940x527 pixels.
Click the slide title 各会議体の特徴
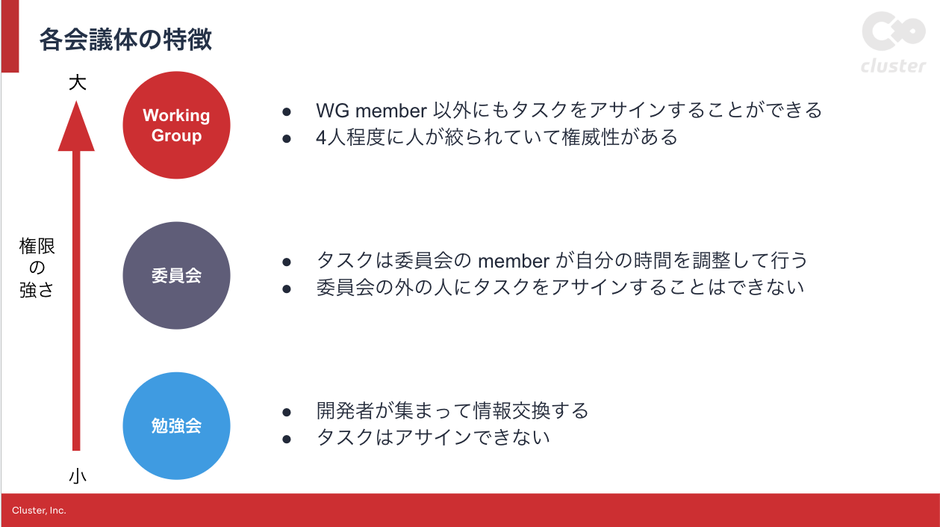(x=125, y=40)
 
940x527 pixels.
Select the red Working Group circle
(x=176, y=125)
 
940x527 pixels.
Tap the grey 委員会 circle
(x=176, y=275)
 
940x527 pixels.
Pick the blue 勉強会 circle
(x=176, y=426)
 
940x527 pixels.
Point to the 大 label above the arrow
(x=77, y=82)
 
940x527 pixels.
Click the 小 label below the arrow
(x=77, y=476)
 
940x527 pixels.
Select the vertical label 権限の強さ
(x=37, y=268)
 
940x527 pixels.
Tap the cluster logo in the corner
(x=893, y=43)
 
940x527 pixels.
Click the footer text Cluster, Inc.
(x=39, y=511)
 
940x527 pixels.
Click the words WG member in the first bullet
(x=371, y=111)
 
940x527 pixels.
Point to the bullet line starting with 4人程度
(x=497, y=138)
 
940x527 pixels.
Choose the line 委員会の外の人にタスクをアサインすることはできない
(x=560, y=287)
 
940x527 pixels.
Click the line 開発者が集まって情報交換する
(x=452, y=411)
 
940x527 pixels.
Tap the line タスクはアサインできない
(x=433, y=437)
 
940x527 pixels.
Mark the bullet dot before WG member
(x=286, y=111)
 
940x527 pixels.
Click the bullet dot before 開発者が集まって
(x=286, y=412)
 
